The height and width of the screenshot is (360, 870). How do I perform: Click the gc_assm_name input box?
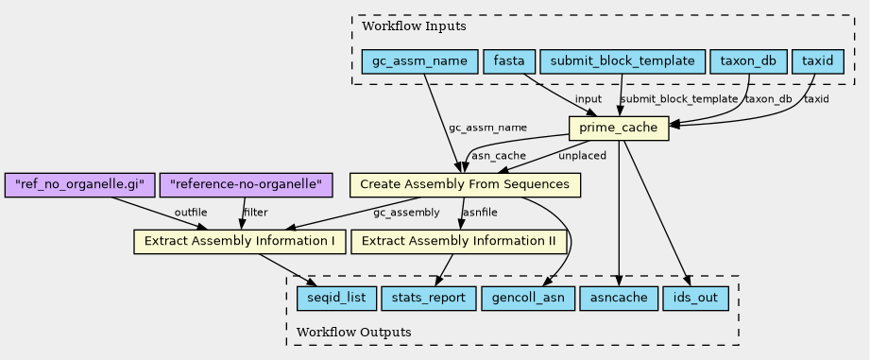point(420,61)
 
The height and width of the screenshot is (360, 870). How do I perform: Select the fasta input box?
point(509,61)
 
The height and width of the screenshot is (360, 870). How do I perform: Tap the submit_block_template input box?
point(622,61)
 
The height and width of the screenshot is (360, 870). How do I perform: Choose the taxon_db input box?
point(748,61)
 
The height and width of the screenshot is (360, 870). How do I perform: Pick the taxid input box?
point(818,61)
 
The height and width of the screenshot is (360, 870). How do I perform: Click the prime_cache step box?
point(619,129)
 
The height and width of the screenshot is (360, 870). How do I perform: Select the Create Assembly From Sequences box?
point(465,184)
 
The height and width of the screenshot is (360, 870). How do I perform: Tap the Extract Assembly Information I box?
point(240,242)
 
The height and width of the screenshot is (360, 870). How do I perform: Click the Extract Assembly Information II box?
point(458,242)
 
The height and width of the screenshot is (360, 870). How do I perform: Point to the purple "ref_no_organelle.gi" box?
point(80,184)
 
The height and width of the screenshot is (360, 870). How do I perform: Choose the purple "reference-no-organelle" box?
point(247,184)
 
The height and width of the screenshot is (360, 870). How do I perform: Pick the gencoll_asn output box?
point(528,299)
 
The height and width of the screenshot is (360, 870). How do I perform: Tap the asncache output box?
point(618,299)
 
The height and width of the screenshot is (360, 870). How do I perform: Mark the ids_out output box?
point(695,299)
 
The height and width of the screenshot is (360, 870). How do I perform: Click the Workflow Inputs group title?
point(414,26)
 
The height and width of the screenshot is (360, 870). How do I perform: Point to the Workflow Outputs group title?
point(354,333)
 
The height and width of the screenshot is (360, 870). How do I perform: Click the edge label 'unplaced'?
point(582,156)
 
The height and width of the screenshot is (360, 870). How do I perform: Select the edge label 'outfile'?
point(191,213)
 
